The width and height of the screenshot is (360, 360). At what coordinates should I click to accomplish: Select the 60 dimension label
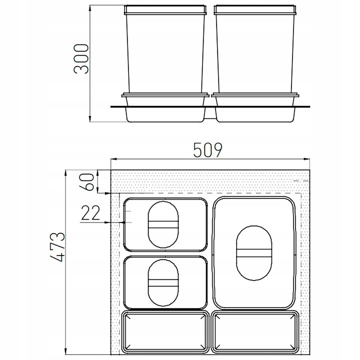point(88,181)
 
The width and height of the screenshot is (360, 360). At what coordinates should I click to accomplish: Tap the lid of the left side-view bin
point(165,9)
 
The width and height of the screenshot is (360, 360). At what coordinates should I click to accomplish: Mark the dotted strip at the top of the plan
point(210,182)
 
